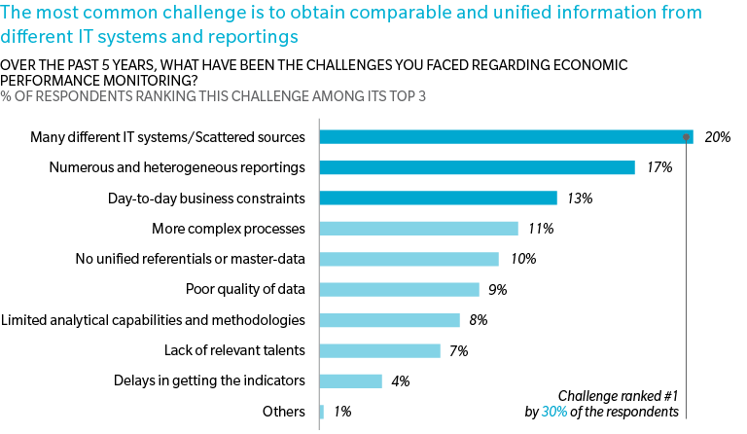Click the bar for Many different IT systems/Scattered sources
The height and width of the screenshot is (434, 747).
506,137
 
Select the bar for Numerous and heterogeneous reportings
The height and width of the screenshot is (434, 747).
477,167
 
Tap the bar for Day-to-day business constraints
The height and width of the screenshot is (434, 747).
438,199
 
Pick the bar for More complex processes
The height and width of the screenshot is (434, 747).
418,229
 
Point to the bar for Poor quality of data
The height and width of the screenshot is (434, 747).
399,289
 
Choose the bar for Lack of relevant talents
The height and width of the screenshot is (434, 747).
379,350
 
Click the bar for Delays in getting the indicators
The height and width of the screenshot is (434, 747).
350,380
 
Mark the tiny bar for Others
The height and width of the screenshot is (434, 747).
321,412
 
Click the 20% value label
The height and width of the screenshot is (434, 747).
717,137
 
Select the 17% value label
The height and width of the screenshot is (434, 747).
659,167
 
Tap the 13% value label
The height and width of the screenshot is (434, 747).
581,199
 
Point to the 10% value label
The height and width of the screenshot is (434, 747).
523,259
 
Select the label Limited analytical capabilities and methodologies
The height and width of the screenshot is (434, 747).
154,320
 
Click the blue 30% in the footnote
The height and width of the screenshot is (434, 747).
553,413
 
